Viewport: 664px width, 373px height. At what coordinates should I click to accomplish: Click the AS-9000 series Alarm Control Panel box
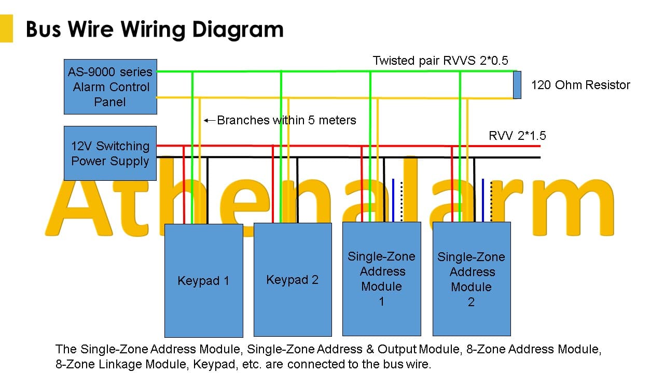110,87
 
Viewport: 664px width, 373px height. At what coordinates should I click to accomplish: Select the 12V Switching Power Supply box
110,153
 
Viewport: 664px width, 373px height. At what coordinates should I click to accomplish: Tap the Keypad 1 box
204,281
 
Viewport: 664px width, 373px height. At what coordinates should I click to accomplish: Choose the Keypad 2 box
293,280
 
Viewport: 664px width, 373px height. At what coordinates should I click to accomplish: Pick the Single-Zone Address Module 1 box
381,279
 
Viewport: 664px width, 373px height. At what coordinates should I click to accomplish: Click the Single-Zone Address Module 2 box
472,279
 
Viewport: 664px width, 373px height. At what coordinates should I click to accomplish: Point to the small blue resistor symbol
517,85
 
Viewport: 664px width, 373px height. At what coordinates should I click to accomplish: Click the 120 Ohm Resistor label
580,85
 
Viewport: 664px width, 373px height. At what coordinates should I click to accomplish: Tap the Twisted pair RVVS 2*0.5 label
440,61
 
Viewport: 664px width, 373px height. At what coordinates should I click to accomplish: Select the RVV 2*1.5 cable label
517,136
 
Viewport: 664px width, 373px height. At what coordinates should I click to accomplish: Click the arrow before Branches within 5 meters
209,121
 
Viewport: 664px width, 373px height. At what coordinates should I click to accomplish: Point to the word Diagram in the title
238,30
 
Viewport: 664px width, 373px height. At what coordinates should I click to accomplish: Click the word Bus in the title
43,30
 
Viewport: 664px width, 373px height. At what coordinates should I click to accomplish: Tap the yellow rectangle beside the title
6,28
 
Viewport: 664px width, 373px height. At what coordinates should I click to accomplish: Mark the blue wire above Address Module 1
393,200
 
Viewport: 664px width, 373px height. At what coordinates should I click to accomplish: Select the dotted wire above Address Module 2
491,202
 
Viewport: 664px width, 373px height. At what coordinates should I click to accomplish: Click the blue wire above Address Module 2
483,200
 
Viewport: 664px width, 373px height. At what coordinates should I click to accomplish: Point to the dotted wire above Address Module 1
402,202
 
